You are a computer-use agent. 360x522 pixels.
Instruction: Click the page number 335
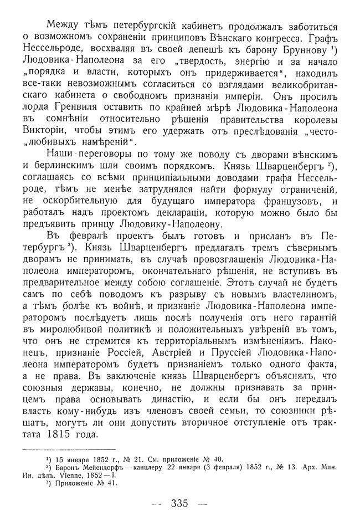(x=181, y=504)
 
